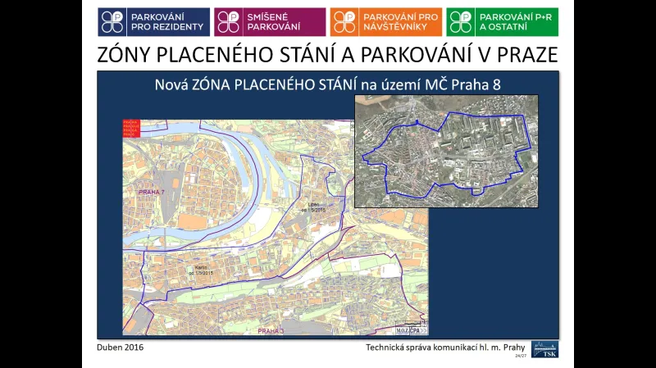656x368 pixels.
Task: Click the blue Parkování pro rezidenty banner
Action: point(153,22)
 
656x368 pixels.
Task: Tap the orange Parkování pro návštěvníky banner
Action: point(386,22)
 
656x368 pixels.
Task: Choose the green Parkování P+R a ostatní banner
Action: point(503,22)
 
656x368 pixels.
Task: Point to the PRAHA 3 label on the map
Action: point(270,330)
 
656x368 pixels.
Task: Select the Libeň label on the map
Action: point(312,206)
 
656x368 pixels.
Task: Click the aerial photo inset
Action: point(446,151)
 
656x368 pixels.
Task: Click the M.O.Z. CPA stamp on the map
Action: point(408,329)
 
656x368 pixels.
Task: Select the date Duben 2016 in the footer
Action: point(121,348)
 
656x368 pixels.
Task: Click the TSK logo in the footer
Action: point(544,348)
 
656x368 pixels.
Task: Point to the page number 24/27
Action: point(520,357)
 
